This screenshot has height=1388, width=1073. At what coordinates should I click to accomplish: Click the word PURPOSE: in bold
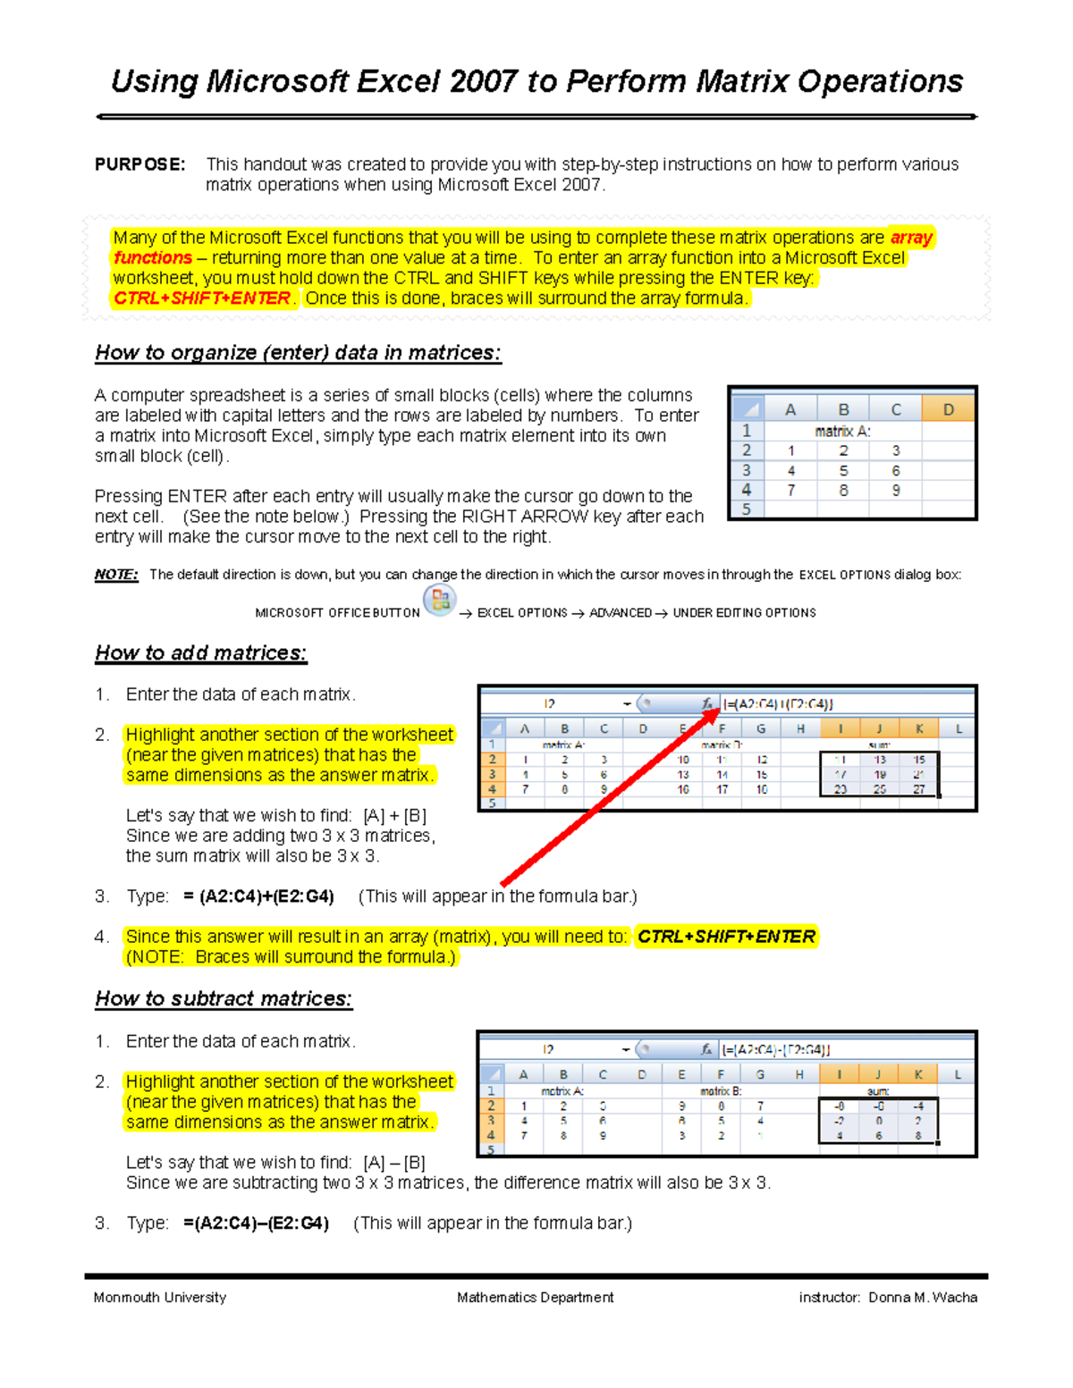click(x=139, y=164)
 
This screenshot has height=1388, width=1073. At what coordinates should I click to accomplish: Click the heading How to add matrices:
click(x=201, y=653)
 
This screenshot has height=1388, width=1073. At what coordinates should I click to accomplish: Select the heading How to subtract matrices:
click(x=224, y=999)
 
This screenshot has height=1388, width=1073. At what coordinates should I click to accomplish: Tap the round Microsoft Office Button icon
click(x=439, y=601)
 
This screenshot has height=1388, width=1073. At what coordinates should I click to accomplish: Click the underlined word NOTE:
click(x=116, y=575)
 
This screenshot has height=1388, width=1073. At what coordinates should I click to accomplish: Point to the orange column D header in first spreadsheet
click(x=948, y=409)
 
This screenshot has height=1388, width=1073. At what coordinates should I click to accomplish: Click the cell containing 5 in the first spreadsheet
click(x=843, y=471)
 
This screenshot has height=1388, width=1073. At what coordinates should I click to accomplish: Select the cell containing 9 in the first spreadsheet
click(x=896, y=491)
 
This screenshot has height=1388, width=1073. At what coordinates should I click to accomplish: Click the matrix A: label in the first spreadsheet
click(x=842, y=431)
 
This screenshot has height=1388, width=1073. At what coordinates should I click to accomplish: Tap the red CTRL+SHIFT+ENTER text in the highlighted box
click(x=202, y=299)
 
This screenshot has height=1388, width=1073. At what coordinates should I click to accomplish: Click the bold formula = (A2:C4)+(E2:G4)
click(x=258, y=896)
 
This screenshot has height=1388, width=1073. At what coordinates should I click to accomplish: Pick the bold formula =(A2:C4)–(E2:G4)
click(x=256, y=1224)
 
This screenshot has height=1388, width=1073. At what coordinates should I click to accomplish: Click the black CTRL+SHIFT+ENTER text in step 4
click(x=726, y=937)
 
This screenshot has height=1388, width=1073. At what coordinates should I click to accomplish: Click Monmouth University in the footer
click(x=160, y=1298)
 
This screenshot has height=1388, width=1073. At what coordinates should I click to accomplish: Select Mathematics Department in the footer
click(x=535, y=1298)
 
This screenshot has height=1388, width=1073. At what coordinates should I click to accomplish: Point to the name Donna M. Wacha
click(x=922, y=1298)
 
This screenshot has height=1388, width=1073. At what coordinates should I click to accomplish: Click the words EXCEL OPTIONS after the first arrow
click(x=522, y=613)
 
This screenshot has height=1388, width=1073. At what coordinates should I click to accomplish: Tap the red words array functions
click(x=153, y=258)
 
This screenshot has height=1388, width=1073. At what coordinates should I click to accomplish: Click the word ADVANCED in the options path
click(x=621, y=613)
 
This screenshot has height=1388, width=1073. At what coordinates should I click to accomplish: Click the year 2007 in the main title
click(x=483, y=82)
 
